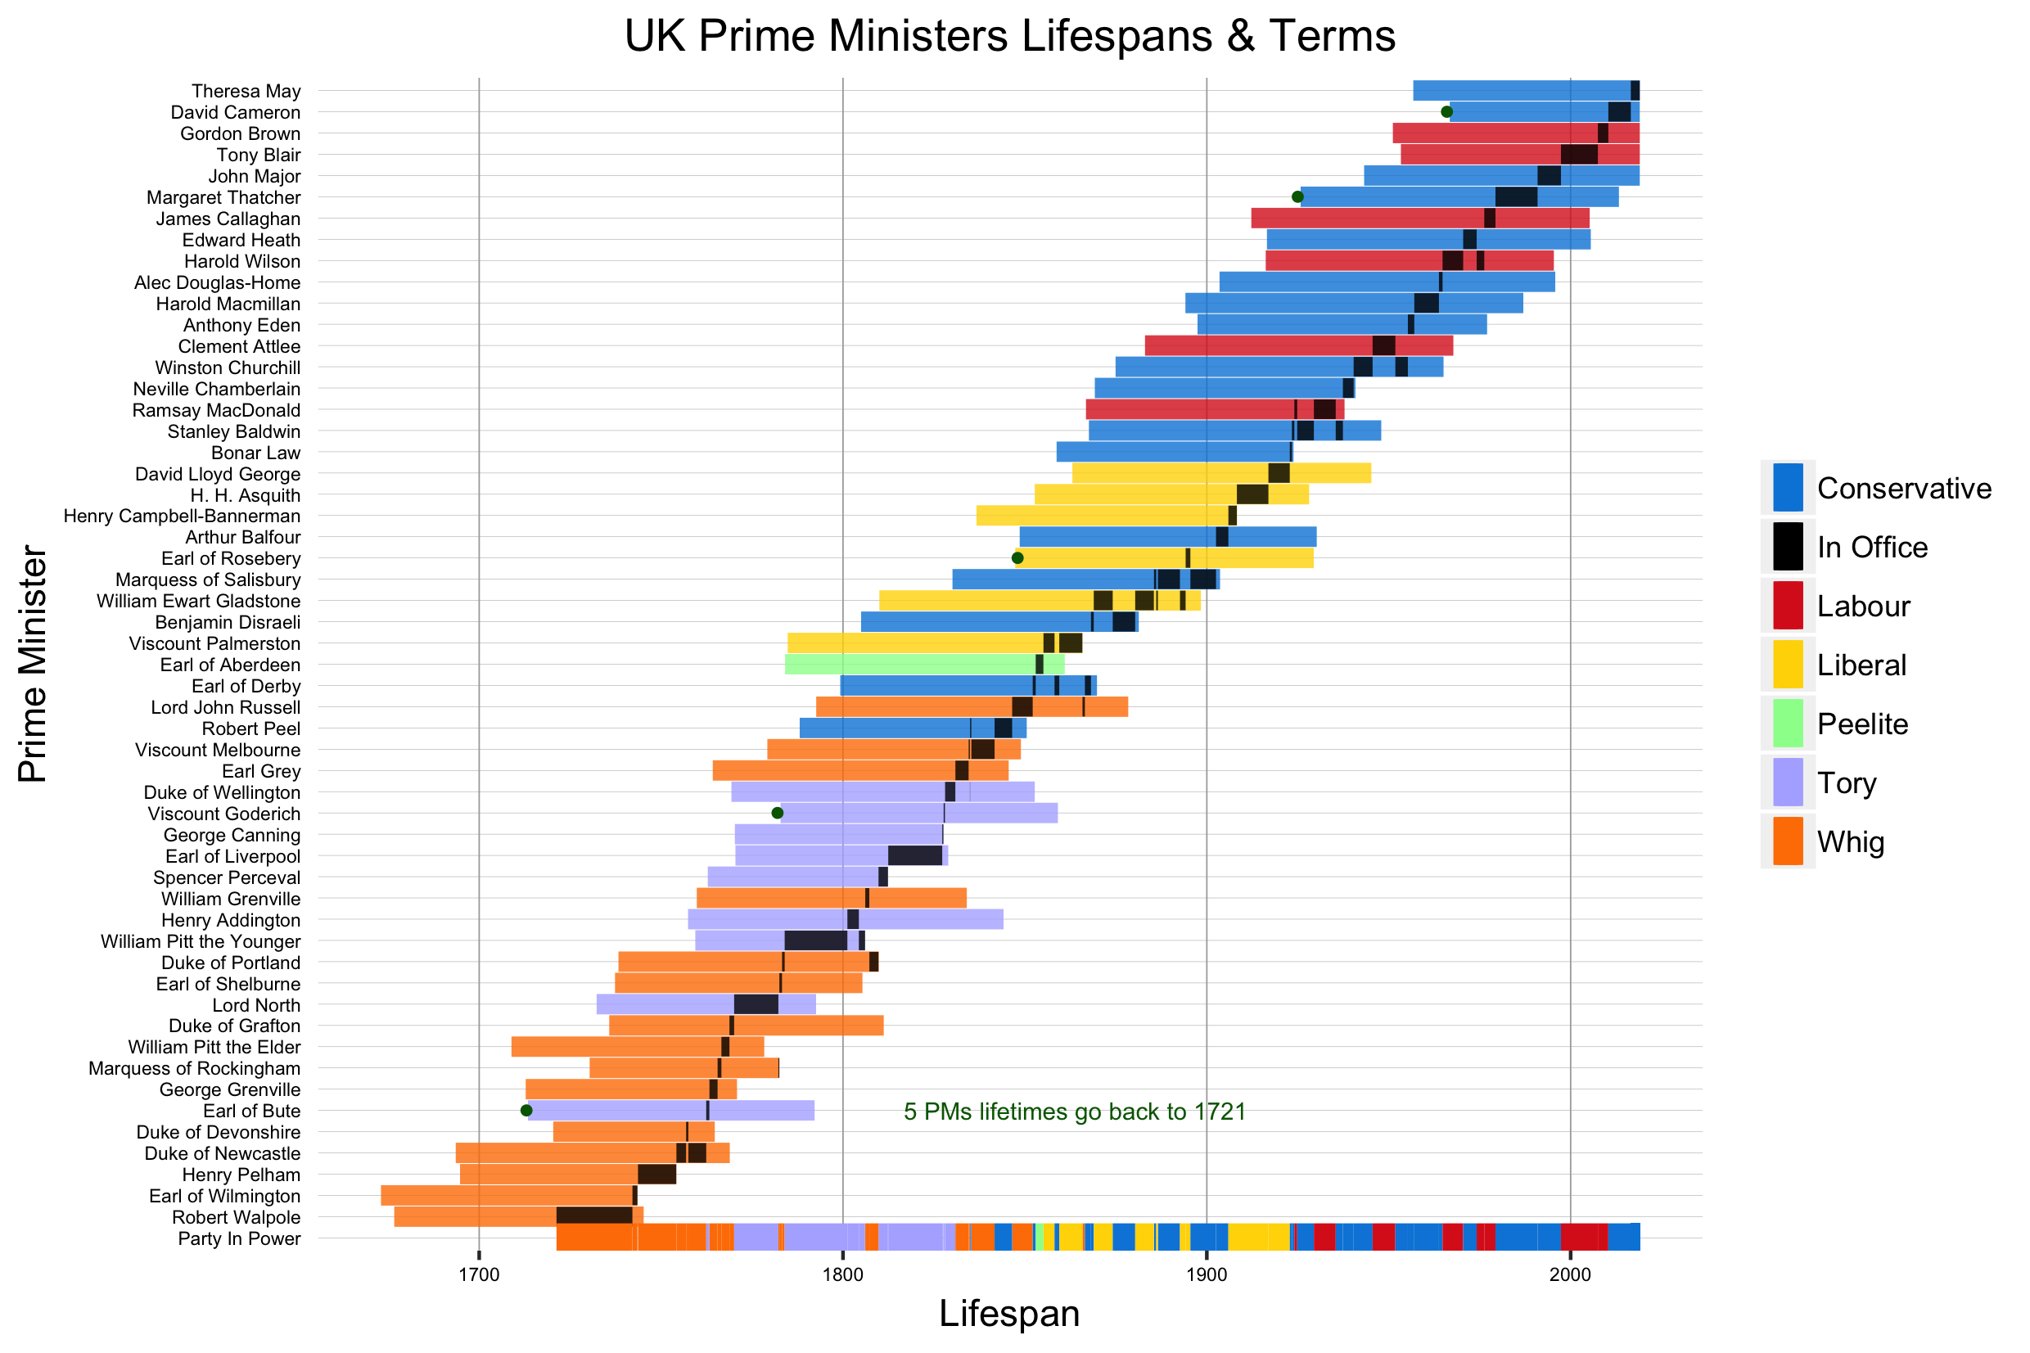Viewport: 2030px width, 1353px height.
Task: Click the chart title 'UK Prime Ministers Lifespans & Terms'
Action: point(1008,36)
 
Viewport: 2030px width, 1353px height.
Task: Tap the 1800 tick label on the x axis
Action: point(842,1276)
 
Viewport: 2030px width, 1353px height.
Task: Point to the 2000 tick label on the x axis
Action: point(1569,1276)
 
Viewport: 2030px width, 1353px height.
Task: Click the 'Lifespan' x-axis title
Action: point(1008,1315)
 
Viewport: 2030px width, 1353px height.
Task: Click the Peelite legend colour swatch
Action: point(1787,723)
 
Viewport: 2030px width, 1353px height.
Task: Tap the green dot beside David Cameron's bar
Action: point(1447,112)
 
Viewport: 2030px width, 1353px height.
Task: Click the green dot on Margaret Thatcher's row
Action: point(1297,196)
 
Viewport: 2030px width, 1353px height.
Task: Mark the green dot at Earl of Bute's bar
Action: point(526,1111)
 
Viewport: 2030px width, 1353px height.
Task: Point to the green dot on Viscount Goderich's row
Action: point(777,813)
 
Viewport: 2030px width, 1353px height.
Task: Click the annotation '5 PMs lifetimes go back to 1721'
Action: point(1074,1112)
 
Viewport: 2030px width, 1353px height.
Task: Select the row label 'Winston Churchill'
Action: point(228,368)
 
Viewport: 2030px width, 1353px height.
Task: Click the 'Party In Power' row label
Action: point(239,1238)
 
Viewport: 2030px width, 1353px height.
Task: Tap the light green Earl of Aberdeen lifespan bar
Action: point(910,665)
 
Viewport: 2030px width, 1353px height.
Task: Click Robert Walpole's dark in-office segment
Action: point(593,1216)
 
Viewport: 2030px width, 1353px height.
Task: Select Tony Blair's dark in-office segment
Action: point(1579,155)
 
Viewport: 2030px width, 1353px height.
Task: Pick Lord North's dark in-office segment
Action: point(756,1004)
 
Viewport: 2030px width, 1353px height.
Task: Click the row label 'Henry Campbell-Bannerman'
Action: point(182,516)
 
